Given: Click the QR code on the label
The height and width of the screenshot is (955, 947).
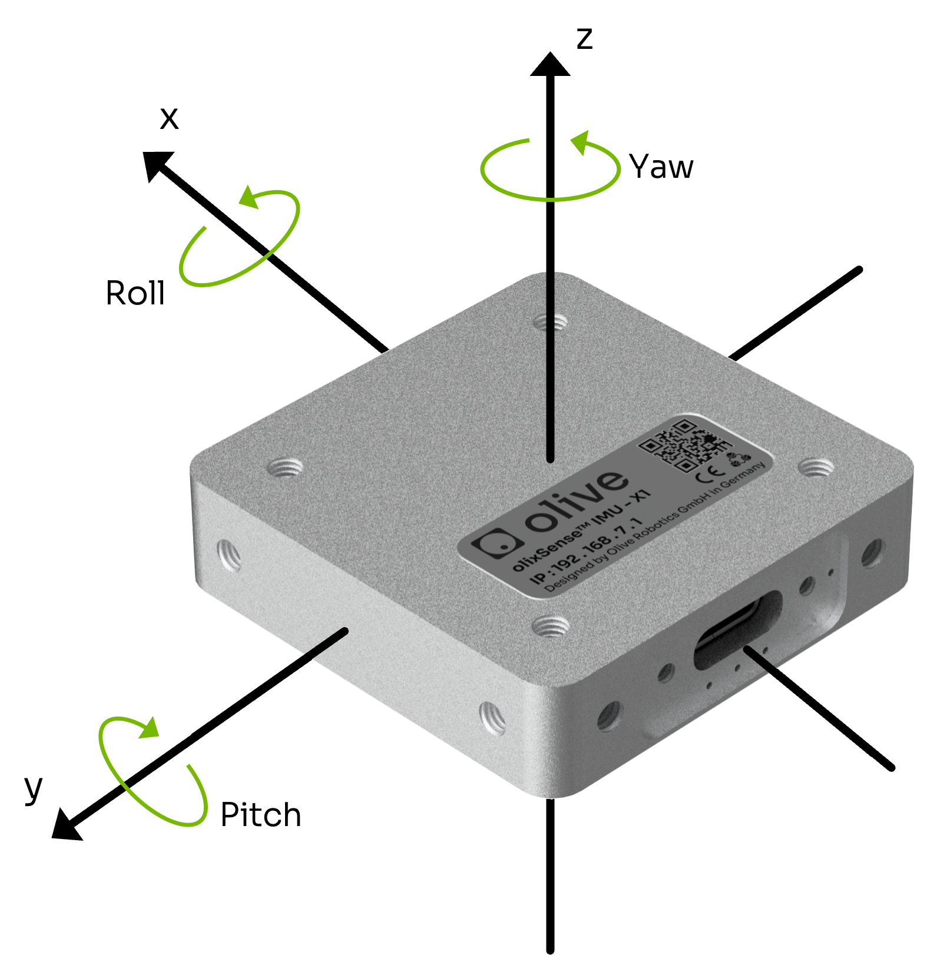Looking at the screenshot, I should click(684, 445).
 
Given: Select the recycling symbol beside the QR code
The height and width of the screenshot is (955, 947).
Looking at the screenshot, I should click(739, 458).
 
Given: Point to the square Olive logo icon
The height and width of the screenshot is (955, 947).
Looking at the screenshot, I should click(498, 544).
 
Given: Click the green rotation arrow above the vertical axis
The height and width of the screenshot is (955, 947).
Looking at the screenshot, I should click(551, 168).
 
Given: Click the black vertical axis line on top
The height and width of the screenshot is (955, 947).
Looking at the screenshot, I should click(551, 365).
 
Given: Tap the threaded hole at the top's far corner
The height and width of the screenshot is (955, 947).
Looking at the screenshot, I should click(551, 322).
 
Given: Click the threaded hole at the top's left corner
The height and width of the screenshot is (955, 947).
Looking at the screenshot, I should click(286, 469).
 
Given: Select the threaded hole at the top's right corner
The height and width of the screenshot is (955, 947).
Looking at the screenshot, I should click(816, 469).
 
